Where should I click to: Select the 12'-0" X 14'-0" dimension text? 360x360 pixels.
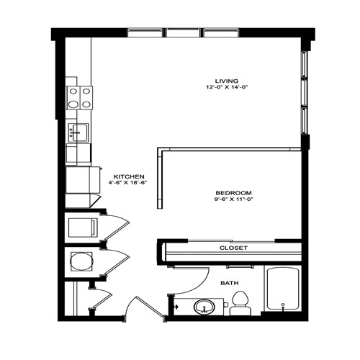226,88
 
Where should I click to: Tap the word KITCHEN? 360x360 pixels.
130,176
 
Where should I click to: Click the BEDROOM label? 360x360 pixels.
233,193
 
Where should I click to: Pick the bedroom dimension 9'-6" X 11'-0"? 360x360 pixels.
233,200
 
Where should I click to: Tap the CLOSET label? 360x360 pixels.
233,248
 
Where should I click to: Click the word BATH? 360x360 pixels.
230,283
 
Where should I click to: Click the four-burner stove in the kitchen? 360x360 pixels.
79,97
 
